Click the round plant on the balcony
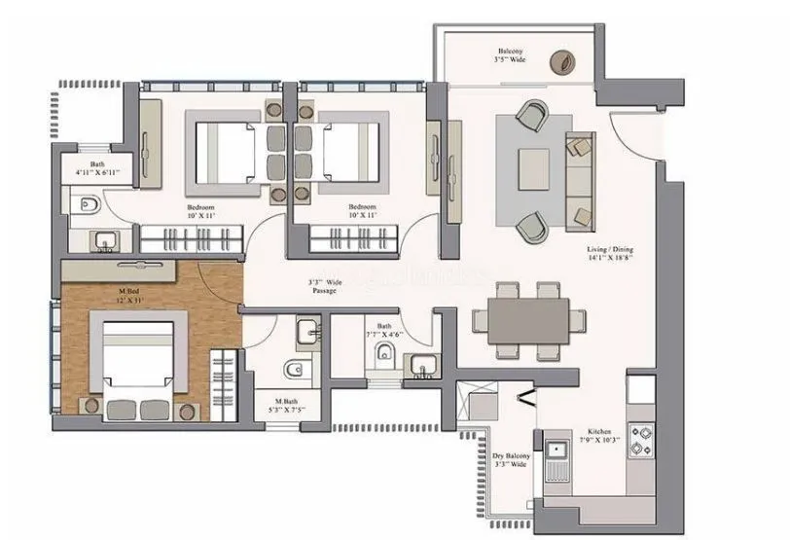pos(562,61)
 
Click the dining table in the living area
pos(530,320)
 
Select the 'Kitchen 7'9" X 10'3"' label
pos(598,436)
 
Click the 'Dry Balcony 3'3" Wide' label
pos(509,458)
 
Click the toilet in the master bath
pos(295,369)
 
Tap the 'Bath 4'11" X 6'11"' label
pos(98,169)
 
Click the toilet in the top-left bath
pos(89,205)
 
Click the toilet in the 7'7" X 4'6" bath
pos(387,353)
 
